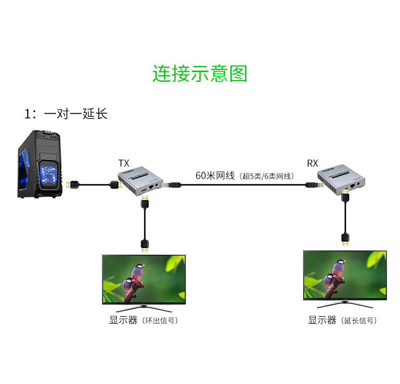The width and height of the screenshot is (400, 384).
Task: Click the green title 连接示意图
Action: [200, 74]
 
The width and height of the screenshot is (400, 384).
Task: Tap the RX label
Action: [313, 163]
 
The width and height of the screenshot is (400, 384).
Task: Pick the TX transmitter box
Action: [140, 182]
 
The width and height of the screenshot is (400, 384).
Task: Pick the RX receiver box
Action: [341, 181]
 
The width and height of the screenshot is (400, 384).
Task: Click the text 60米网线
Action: [215, 175]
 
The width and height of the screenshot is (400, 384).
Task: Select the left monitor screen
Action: [144, 278]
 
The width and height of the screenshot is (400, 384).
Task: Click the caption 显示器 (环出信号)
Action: [143, 321]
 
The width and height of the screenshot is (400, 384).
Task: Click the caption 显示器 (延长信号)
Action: [342, 321]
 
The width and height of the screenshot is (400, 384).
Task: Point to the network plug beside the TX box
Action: [172, 185]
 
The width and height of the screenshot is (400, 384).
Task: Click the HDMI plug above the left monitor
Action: [145, 245]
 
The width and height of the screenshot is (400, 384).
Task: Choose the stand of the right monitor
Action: [345, 306]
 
